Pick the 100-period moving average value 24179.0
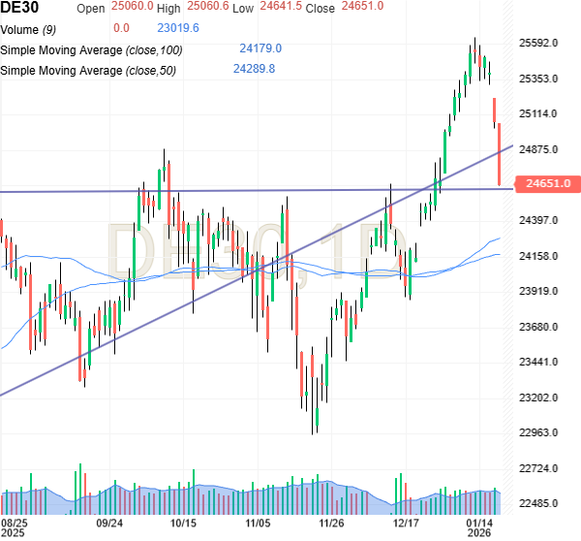pyautogui.click(x=260, y=48)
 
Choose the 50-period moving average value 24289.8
pyautogui.click(x=254, y=69)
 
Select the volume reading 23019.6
pyautogui.click(x=177, y=27)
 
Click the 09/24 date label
pyautogui.click(x=108, y=522)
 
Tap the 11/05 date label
pyautogui.click(x=259, y=522)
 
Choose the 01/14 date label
pyautogui.click(x=481, y=522)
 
